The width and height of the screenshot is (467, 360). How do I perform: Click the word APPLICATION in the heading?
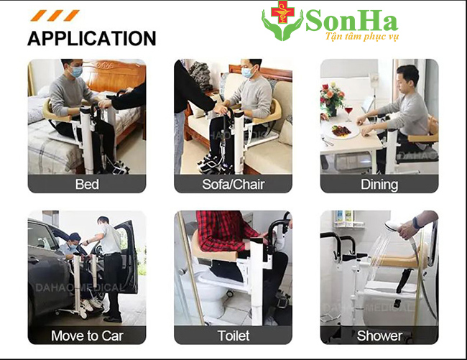pyautogui.click(x=91, y=38)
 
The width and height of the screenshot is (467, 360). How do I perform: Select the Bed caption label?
pyautogui.click(x=87, y=185)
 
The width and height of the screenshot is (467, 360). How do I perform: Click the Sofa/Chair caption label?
pyautogui.click(x=233, y=185)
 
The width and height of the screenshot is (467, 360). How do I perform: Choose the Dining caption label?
pyautogui.click(x=379, y=185)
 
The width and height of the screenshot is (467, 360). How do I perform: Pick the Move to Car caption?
pyautogui.click(x=87, y=336)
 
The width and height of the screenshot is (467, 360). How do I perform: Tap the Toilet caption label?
pyautogui.click(x=233, y=336)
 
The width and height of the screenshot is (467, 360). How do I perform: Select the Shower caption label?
pyautogui.click(x=379, y=336)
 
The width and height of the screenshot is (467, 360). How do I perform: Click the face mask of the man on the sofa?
pyautogui.click(x=248, y=73)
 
